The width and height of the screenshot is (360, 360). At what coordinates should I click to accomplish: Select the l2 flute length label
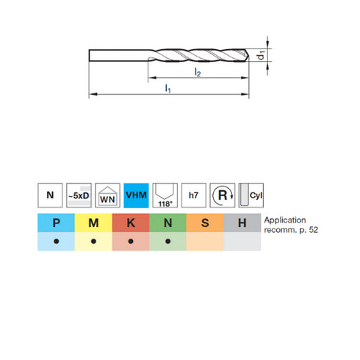click(198, 72)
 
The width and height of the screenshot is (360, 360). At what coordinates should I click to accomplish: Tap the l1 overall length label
click(168, 89)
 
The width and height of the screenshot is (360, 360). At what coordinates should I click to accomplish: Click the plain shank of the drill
click(118, 56)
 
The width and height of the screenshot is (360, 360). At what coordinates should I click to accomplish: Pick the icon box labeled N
click(49, 195)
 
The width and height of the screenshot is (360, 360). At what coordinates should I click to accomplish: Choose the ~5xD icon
click(78, 195)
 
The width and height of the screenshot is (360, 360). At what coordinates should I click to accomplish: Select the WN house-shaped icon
click(107, 195)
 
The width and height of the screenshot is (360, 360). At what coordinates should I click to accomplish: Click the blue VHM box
click(136, 195)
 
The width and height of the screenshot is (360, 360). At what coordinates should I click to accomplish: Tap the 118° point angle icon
click(165, 195)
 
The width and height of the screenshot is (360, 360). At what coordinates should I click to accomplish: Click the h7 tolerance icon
click(193, 195)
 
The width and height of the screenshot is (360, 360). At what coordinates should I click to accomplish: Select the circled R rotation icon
click(222, 195)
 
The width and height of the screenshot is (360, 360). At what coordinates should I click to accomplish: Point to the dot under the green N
click(168, 242)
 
